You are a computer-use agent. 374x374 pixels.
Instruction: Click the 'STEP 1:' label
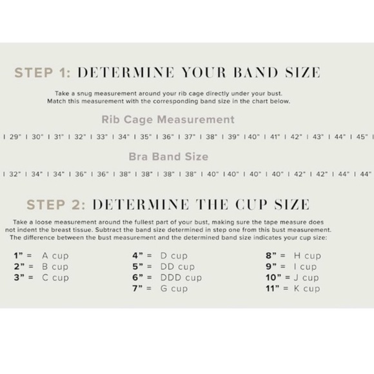pyautogui.click(x=43, y=72)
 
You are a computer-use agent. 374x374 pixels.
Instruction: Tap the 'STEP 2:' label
pyautogui.click(x=56, y=204)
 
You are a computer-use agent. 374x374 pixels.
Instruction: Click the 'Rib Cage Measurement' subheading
pyautogui.click(x=168, y=119)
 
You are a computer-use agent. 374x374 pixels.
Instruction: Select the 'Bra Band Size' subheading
pyautogui.click(x=168, y=157)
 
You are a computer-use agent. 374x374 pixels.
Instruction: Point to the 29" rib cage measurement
pyautogui.click(x=15, y=137)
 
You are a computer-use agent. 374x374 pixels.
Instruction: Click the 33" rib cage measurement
pyautogui.click(x=102, y=137)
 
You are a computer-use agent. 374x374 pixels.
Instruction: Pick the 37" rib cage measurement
pyautogui.click(x=190, y=137)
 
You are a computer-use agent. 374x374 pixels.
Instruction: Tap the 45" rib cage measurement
pyautogui.click(x=362, y=137)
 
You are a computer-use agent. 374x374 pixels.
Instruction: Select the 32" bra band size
pyautogui.click(x=15, y=174)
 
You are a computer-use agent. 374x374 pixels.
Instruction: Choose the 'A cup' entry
pyautogui.click(x=55, y=256)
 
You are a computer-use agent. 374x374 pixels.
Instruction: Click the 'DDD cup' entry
pyautogui.click(x=181, y=278)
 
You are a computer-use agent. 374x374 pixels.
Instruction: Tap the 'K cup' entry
pyautogui.click(x=307, y=289)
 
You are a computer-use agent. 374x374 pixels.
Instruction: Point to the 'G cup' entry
pyautogui.click(x=174, y=289)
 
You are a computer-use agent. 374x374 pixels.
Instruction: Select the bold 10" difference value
pyautogui.click(x=274, y=277)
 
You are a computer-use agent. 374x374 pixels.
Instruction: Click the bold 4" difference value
pyautogui.click(x=138, y=255)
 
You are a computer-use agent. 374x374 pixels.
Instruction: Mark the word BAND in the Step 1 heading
pyautogui.click(x=255, y=72)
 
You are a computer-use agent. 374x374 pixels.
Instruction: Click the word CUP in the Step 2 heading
pyautogui.click(x=251, y=204)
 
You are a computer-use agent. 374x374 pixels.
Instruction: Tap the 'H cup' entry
pyautogui.click(x=308, y=256)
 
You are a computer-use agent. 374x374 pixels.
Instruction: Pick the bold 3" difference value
pyautogui.click(x=19, y=277)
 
